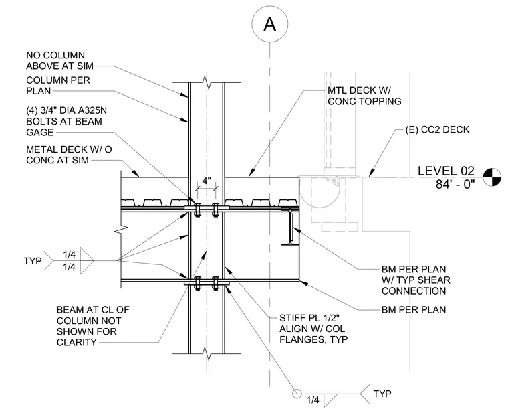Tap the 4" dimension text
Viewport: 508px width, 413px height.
tap(207, 181)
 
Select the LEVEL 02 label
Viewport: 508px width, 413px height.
tap(446, 171)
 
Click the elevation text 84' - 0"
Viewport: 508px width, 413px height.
tap(455, 184)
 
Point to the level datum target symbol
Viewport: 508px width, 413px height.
tap(492, 177)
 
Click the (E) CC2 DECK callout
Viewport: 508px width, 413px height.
tap(437, 129)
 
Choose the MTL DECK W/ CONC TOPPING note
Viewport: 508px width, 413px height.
tap(364, 96)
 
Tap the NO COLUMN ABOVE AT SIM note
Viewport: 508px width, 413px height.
tap(59, 60)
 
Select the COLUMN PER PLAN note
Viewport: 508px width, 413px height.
tap(58, 85)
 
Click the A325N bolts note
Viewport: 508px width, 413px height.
tap(66, 121)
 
